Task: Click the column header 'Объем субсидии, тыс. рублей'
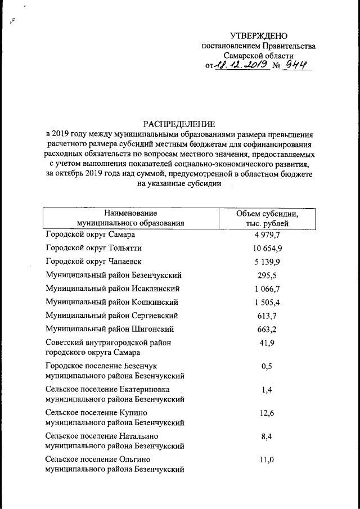[x=267, y=218]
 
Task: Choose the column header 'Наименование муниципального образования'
[x=130, y=218]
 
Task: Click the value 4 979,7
[x=267, y=234]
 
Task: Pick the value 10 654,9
[x=267, y=248]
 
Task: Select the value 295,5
[x=267, y=276]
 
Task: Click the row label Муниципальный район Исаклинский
[x=112, y=289]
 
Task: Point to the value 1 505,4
[x=267, y=303]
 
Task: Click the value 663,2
[x=267, y=330]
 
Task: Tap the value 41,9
[x=267, y=343]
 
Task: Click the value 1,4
[x=267, y=390]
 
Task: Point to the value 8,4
[x=267, y=436]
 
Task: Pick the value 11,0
[x=267, y=460]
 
